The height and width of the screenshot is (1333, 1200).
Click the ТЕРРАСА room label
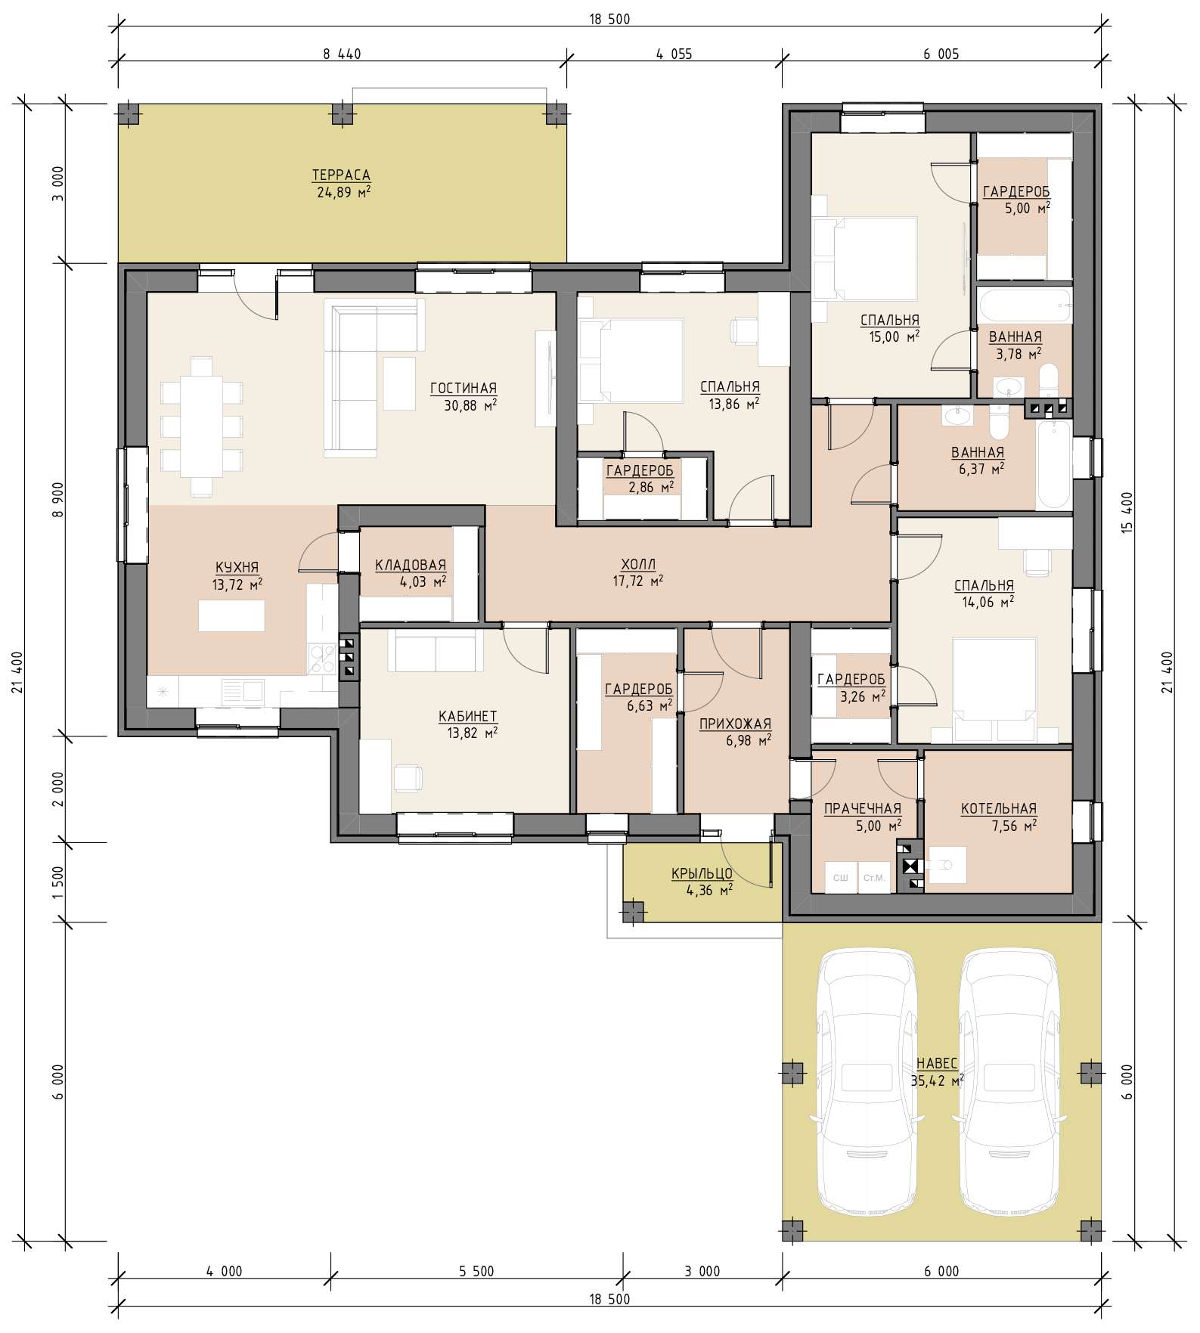tap(341, 175)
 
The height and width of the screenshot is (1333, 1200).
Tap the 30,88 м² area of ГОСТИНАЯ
tap(470, 405)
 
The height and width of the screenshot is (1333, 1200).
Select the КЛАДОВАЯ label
tap(411, 565)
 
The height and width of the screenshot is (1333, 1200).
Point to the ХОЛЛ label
tap(638, 564)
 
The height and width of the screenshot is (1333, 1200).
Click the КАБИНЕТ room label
tap(468, 716)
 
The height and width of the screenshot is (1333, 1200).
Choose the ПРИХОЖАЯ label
tap(735, 724)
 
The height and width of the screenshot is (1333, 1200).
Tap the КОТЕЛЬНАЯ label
tap(999, 809)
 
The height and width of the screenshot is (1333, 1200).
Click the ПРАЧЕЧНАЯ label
tap(863, 809)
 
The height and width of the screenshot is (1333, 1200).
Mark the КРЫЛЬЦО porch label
tap(702, 874)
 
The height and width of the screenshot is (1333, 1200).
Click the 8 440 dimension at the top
tap(342, 54)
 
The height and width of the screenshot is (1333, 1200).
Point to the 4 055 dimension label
tap(674, 54)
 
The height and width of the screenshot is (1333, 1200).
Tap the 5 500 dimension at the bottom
tap(476, 1271)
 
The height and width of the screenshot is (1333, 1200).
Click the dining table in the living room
tap(201, 426)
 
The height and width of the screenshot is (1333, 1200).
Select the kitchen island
tap(231, 615)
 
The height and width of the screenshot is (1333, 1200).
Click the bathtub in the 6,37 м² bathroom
tap(1054, 465)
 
